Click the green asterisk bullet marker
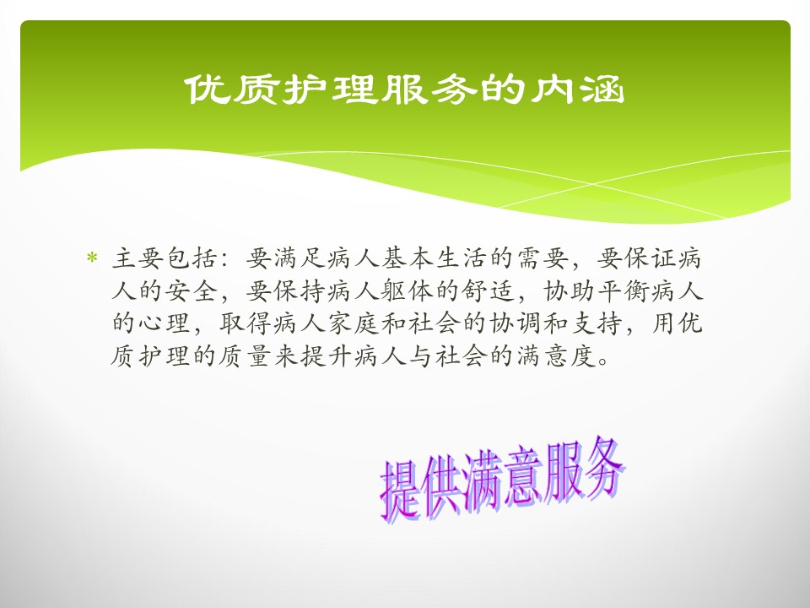92,258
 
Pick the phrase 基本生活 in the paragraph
435,258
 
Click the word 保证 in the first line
650,258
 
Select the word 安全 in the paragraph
192,291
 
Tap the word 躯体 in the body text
408,291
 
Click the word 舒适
489,291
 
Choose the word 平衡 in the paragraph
624,291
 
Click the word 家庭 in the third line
354,323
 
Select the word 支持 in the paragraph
597,323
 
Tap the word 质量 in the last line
246,356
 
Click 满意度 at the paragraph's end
555,356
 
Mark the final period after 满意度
602,362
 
